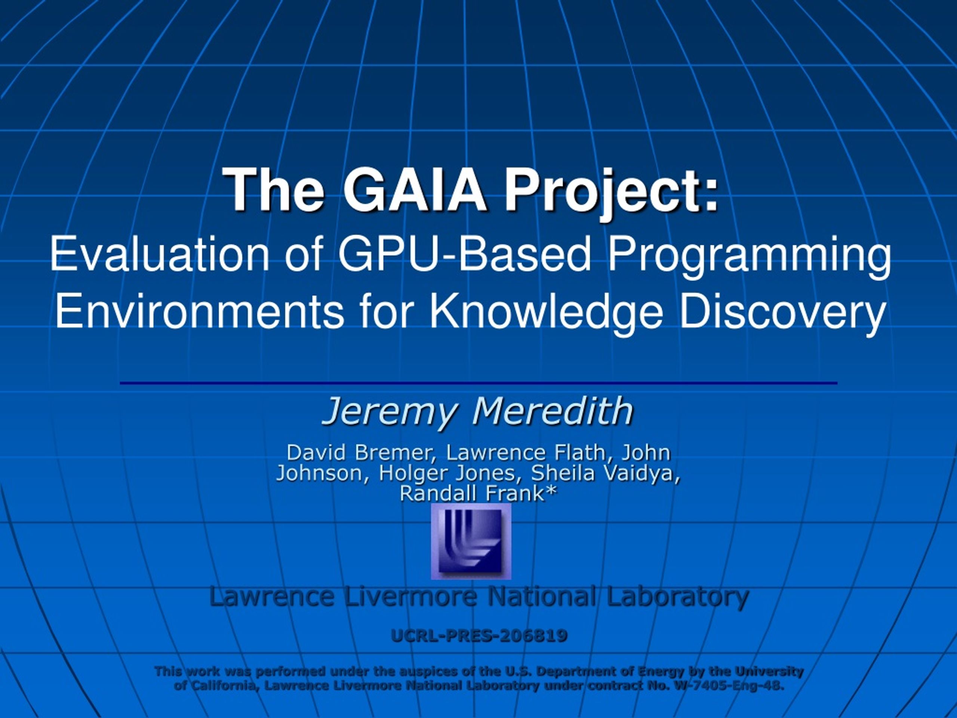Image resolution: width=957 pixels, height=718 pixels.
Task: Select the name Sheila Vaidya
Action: click(606, 473)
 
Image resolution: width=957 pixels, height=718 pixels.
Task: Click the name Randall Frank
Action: click(471, 493)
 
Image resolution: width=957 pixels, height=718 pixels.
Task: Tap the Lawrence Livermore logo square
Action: click(471, 541)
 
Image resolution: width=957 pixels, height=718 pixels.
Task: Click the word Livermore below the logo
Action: click(410, 596)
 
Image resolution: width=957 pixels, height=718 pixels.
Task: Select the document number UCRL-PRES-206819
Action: click(479, 636)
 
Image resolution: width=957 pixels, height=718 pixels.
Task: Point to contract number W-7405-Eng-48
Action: click(729, 685)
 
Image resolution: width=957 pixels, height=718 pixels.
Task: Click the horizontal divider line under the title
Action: click(478, 383)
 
